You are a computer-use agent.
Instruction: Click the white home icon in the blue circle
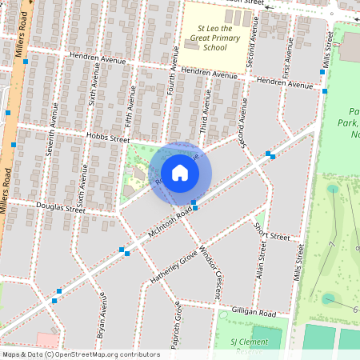[x=180, y=172]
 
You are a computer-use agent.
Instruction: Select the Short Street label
[x=272, y=231]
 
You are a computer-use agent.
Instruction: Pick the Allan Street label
[x=260, y=263]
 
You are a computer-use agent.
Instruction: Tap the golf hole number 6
[x=355, y=308]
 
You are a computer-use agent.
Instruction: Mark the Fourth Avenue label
[x=170, y=88]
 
